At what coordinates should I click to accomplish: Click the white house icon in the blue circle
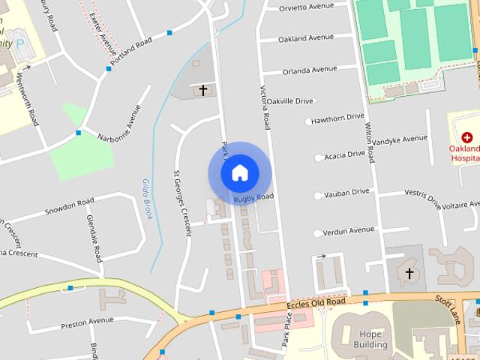point(239,173)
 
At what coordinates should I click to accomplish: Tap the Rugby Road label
point(253,198)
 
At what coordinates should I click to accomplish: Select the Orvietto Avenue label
point(306,6)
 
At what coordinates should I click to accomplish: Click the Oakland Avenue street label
point(306,38)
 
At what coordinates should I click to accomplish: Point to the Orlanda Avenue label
point(310,70)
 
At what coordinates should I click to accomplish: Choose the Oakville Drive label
point(290,100)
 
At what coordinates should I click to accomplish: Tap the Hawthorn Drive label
point(337,118)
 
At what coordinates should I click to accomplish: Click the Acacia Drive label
point(345,154)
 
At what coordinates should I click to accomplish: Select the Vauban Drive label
point(346,193)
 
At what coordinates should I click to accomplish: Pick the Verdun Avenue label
point(349,230)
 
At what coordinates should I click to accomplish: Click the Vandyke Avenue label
point(400,139)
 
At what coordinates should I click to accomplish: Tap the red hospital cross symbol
point(467,137)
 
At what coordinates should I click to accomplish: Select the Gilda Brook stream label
point(147,199)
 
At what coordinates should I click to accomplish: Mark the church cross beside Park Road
point(202,90)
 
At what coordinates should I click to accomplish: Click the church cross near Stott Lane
point(409,274)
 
